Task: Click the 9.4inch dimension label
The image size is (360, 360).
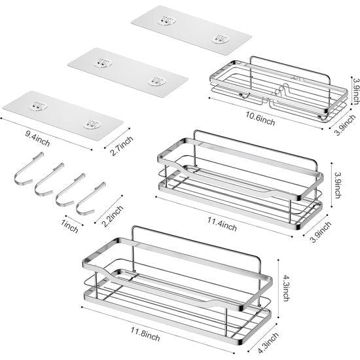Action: (37, 139)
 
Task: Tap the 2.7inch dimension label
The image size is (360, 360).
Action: (122, 145)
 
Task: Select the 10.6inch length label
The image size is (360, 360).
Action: (261, 118)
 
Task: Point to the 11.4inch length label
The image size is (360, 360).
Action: (222, 224)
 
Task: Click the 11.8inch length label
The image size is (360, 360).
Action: (145, 334)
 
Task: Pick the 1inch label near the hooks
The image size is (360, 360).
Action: (69, 226)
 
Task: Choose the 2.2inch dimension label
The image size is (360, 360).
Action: (113, 216)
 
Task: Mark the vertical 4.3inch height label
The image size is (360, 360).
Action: (285, 288)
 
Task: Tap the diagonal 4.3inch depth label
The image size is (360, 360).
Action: (268, 343)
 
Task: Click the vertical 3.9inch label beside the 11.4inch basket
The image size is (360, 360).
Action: (338, 185)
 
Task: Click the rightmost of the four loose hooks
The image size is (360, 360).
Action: (91, 198)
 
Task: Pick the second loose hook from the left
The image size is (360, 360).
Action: (49, 179)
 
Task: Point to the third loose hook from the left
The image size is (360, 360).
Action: (70, 190)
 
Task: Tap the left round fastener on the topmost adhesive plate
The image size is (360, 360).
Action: (167, 21)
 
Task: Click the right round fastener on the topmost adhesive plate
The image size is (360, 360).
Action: (221, 39)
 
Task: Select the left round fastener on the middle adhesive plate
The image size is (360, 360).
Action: (103, 63)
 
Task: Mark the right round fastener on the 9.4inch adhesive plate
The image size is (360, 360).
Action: (92, 124)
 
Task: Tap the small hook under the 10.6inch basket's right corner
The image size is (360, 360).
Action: (321, 118)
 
